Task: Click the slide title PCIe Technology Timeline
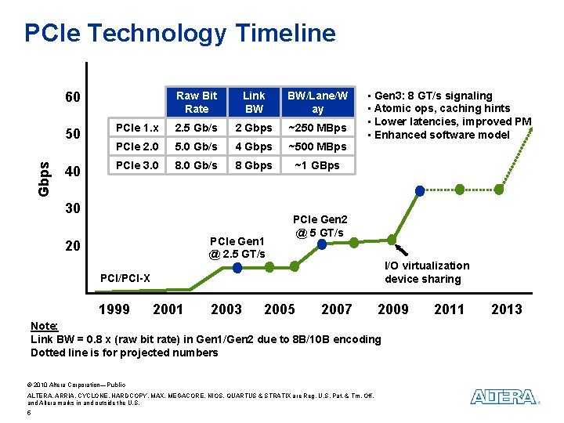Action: coord(180,33)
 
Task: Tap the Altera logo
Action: coord(504,397)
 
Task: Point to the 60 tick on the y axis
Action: coord(72,98)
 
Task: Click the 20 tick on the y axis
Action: coord(72,246)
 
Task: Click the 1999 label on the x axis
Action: coord(114,309)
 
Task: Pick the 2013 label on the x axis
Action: coord(506,309)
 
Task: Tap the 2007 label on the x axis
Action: coord(337,309)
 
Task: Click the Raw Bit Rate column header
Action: coord(197,102)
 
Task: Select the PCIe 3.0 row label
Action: coord(136,165)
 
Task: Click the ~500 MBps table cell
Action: coord(317,146)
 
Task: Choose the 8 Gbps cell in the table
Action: coord(254,165)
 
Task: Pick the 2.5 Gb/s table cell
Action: coord(197,128)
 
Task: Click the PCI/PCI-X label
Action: coord(125,278)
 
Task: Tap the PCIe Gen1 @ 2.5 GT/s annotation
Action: coord(237,247)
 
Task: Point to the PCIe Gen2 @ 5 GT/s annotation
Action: coord(320,226)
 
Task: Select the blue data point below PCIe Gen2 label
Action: coord(322,244)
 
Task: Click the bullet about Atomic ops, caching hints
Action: coord(443,108)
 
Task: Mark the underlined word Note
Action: coord(43,326)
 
